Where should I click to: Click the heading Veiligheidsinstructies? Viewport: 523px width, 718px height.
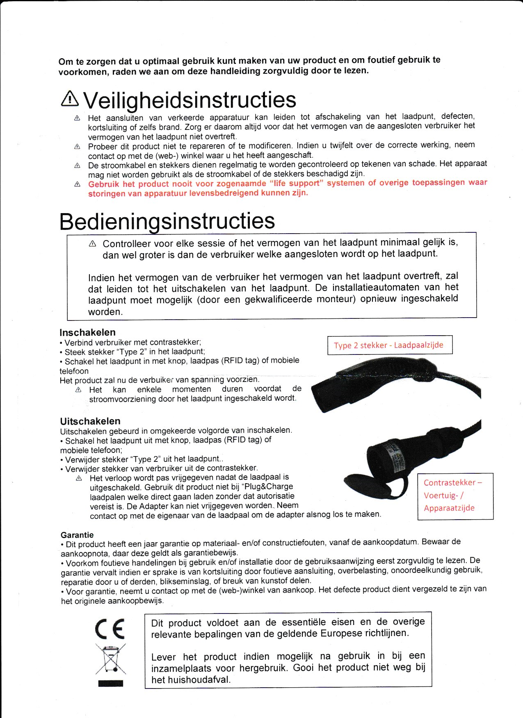[190, 100]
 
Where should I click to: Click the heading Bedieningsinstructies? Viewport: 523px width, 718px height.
[167, 221]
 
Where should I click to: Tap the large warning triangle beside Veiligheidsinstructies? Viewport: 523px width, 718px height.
[70, 98]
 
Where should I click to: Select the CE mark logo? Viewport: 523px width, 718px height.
[110, 629]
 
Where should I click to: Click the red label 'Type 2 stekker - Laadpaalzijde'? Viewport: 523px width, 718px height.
[388, 345]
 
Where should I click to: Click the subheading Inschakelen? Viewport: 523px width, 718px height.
[87, 332]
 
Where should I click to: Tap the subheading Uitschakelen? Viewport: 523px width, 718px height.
[90, 421]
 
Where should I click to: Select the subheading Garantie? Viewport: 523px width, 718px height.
[77, 535]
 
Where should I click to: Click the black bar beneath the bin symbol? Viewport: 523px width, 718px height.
[110, 683]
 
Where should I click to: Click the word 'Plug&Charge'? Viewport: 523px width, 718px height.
[267, 487]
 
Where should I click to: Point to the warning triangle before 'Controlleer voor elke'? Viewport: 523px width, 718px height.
[92, 244]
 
